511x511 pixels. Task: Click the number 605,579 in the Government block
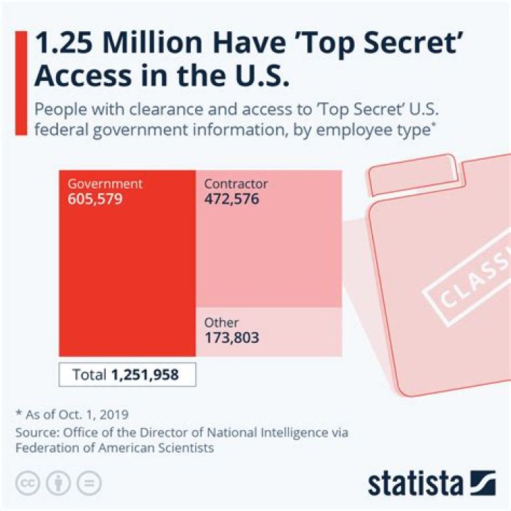pyautogui.click(x=95, y=199)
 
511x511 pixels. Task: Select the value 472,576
pyautogui.click(x=231, y=199)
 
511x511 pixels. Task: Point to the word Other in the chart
pyautogui.click(x=221, y=323)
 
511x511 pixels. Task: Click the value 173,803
pyautogui.click(x=231, y=338)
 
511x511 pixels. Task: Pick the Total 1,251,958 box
pyautogui.click(x=127, y=374)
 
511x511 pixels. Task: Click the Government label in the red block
pyautogui.click(x=105, y=184)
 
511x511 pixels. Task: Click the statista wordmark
pyautogui.click(x=414, y=484)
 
